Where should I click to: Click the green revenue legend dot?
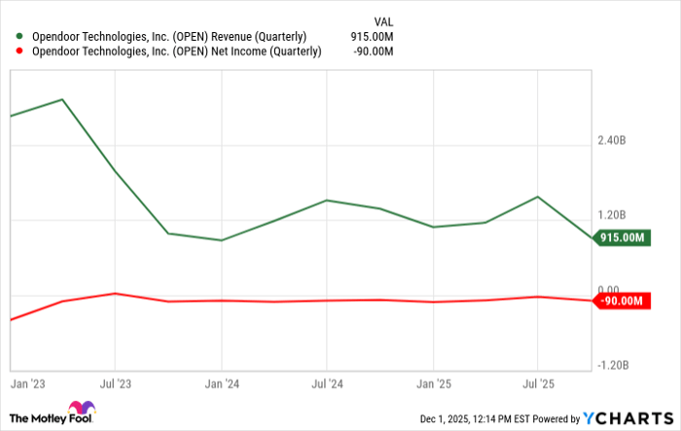point(19,36)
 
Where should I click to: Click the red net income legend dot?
point(19,52)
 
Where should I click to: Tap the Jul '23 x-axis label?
point(115,383)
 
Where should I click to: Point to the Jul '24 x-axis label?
point(327,383)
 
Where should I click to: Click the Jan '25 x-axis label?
point(433,383)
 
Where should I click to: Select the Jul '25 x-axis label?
point(538,383)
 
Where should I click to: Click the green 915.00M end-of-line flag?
point(623,237)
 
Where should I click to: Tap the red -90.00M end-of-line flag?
point(623,301)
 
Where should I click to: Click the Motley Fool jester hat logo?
point(82,409)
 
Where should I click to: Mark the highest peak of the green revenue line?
point(62,99)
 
